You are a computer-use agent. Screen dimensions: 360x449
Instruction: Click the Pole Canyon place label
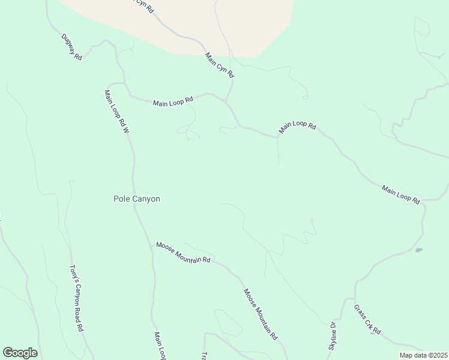click(137, 199)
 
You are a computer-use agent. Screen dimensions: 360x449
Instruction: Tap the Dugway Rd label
click(71, 46)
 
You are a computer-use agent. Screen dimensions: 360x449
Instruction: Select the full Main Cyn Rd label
click(219, 64)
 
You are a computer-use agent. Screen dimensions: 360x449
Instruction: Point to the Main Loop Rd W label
click(117, 111)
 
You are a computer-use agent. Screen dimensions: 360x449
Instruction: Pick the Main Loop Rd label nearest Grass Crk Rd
click(400, 194)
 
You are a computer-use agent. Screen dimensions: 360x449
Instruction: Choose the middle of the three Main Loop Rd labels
click(297, 127)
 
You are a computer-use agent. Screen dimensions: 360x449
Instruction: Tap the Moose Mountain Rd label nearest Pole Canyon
click(183, 253)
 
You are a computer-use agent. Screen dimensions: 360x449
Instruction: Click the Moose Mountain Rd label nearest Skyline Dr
click(261, 314)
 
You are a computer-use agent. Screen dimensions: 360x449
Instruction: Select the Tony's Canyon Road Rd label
click(76, 299)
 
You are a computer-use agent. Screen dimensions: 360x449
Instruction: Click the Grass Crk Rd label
click(367, 319)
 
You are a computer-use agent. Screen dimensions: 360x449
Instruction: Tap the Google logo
click(20, 353)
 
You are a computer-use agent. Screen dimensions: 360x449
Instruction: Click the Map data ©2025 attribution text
click(423, 355)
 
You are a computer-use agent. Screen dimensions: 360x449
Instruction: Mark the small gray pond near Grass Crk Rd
click(418, 250)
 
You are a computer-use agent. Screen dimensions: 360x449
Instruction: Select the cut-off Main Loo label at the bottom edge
click(159, 346)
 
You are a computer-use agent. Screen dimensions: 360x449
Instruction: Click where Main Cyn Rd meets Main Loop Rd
click(226, 101)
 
